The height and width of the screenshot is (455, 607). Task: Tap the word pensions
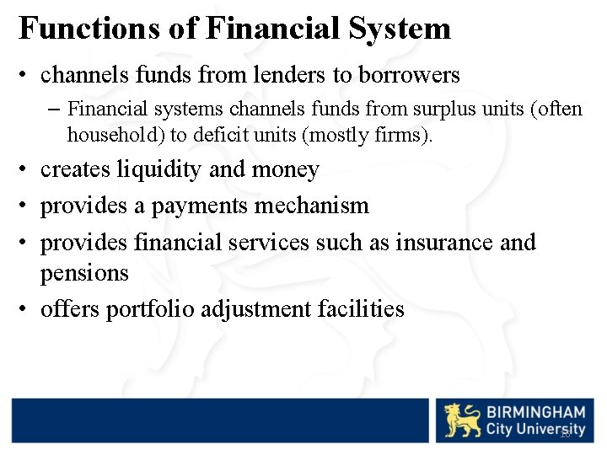(x=84, y=273)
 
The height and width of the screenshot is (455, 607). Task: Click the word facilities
(x=361, y=309)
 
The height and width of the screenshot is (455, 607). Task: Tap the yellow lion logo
(x=462, y=420)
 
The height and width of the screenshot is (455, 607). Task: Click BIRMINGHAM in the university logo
(x=535, y=412)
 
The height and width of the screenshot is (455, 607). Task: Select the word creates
(x=76, y=169)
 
